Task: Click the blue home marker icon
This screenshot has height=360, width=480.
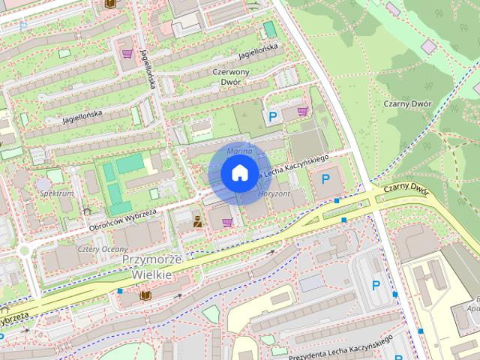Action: click(238, 173)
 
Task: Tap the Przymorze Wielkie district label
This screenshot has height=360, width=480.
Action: click(152, 267)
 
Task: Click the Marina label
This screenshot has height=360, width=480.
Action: click(241, 151)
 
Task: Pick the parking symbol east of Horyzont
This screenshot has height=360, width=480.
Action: click(325, 179)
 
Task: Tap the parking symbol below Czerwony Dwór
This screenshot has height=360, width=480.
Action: click(273, 116)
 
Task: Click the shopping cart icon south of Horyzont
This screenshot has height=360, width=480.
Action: click(226, 222)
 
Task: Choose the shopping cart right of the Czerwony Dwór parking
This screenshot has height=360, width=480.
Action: click(302, 111)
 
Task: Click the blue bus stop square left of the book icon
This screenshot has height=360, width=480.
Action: click(120, 291)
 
